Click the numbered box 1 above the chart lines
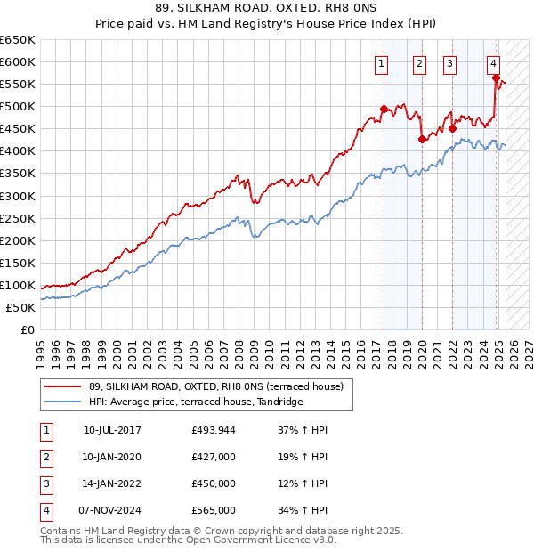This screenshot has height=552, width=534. click(x=381, y=62)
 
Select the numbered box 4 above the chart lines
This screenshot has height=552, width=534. click(x=493, y=62)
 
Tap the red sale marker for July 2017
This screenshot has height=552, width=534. click(x=384, y=109)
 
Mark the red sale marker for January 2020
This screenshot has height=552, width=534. click(x=422, y=139)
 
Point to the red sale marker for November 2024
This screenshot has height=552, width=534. click(x=496, y=77)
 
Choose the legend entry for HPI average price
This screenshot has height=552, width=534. click(x=196, y=402)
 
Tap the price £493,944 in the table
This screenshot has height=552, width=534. click(x=214, y=430)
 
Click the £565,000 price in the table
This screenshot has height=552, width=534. click(x=214, y=510)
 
